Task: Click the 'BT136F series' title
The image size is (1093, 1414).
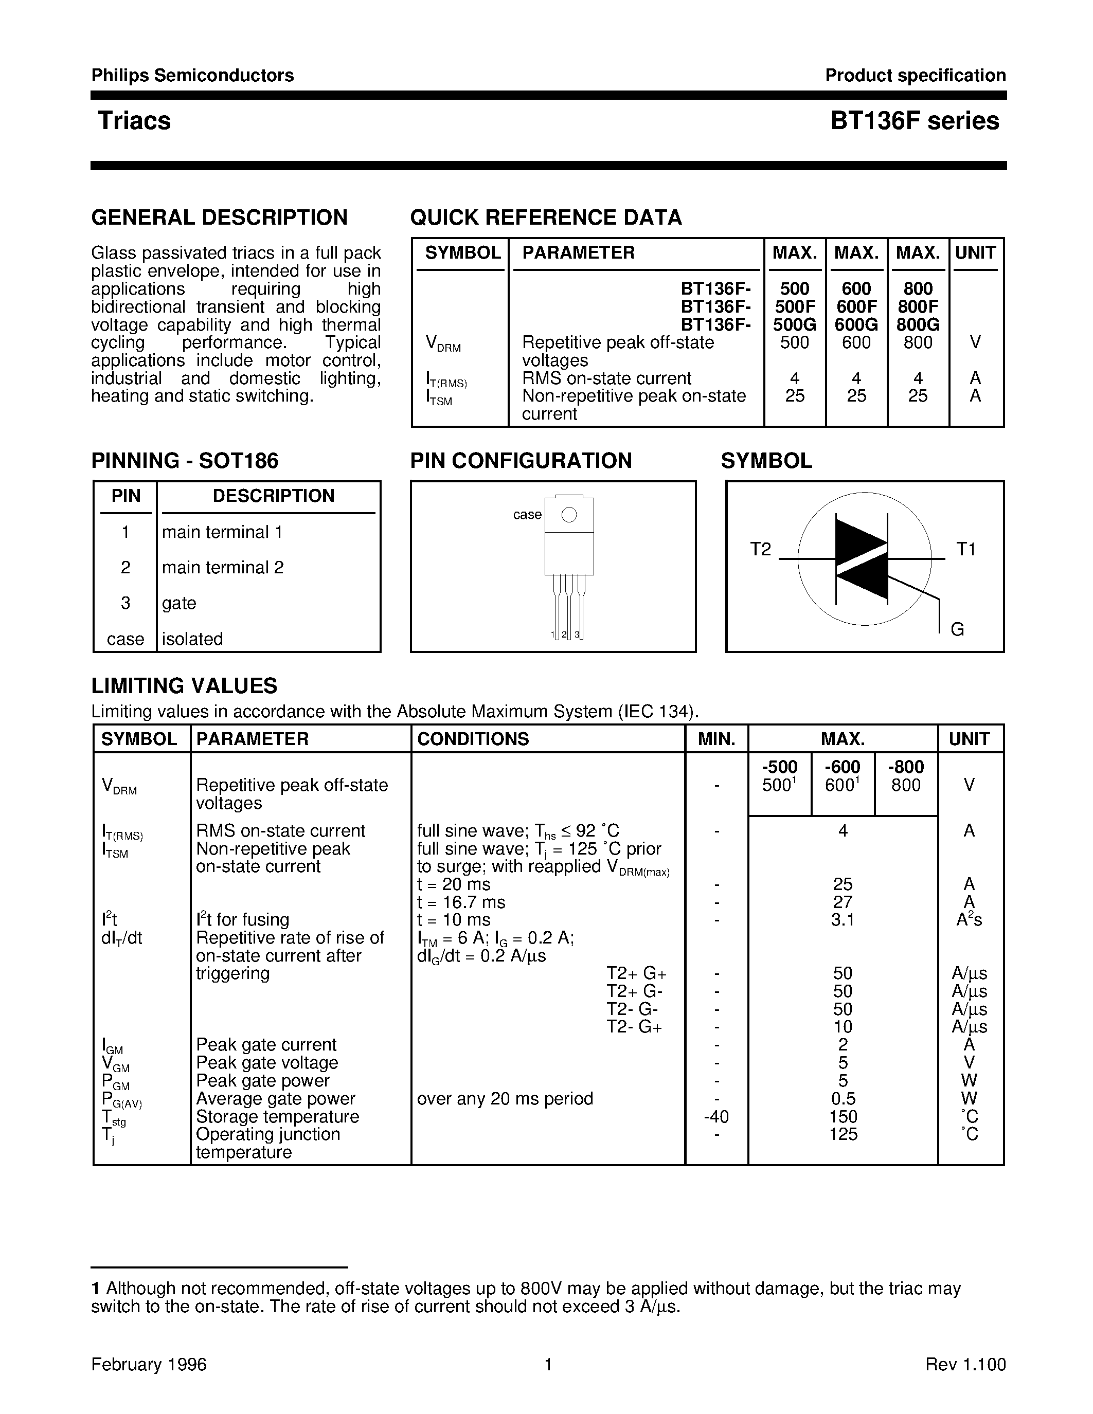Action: click(915, 121)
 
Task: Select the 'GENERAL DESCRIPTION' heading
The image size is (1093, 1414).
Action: click(220, 217)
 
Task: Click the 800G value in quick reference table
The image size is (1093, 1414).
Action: click(918, 324)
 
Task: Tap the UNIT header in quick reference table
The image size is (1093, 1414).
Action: click(975, 253)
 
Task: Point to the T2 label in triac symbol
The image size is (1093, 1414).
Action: click(760, 549)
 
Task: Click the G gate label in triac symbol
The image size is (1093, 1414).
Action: click(957, 629)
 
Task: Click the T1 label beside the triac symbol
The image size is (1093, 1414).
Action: click(965, 549)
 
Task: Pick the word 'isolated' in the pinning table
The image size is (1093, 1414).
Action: click(192, 639)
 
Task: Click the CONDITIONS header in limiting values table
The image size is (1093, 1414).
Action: click(473, 739)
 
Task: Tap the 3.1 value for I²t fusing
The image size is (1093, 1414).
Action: click(842, 920)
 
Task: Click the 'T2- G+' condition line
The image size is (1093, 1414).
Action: click(634, 1027)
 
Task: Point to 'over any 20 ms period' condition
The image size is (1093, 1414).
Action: click(505, 1099)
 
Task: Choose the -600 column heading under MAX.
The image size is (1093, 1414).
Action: click(842, 767)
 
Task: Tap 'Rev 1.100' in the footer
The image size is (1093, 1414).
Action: click(965, 1364)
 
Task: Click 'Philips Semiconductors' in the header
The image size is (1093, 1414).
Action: click(192, 76)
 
